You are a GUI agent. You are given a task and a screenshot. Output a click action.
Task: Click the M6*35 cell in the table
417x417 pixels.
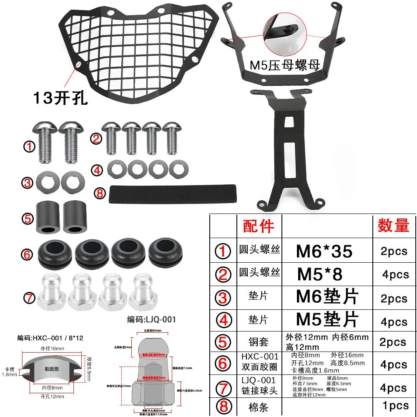(x=324, y=251)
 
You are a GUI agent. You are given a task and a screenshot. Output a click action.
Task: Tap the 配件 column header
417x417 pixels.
(x=259, y=226)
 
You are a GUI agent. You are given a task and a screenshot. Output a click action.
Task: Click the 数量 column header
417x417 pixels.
(x=393, y=226)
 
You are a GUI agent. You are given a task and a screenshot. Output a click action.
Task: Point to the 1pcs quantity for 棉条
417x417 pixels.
(x=395, y=405)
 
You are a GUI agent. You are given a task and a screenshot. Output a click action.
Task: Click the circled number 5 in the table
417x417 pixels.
(x=223, y=342)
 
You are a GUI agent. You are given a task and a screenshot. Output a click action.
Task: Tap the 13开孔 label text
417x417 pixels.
(x=60, y=98)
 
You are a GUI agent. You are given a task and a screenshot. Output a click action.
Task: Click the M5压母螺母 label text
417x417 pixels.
(x=284, y=65)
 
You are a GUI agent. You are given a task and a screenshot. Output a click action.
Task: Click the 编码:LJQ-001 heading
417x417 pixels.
(x=151, y=320)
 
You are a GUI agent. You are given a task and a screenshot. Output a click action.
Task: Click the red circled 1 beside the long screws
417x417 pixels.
(x=29, y=147)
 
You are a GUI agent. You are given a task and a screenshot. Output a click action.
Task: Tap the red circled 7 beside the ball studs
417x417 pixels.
(x=29, y=298)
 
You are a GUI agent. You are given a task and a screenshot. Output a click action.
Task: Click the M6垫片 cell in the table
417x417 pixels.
(x=327, y=297)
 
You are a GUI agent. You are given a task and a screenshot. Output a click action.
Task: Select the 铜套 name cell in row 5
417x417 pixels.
(x=259, y=342)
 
